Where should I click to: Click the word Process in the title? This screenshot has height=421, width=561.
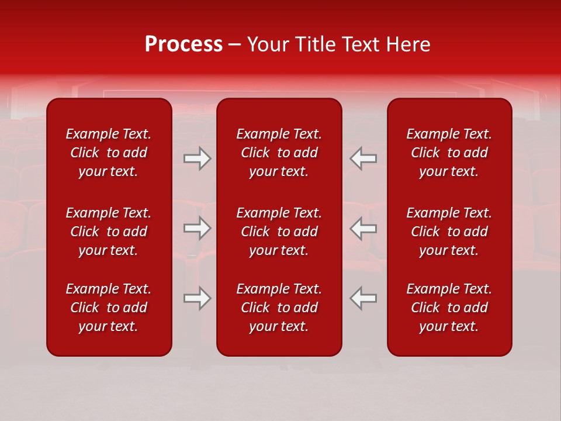coord(183,44)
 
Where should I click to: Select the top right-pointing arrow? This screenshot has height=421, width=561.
coord(198,158)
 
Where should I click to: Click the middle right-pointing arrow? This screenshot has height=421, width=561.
coord(198,229)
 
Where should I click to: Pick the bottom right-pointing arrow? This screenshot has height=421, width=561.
coord(198,298)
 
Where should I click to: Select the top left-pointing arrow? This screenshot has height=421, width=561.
coord(363,158)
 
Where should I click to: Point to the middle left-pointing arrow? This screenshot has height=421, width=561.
coord(363,229)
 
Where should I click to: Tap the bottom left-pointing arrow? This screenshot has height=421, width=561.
coord(363,298)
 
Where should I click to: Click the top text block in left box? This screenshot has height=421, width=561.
coord(109,153)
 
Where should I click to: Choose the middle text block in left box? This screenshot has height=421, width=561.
coord(109,232)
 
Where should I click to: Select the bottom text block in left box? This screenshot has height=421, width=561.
coord(109,308)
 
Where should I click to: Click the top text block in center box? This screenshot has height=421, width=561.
coord(279,153)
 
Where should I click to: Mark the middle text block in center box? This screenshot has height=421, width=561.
coord(279,232)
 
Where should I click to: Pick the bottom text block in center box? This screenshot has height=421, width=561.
coord(279,308)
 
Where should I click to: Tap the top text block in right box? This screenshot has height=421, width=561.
coord(449,153)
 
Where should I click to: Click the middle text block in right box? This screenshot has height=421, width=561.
coord(449,232)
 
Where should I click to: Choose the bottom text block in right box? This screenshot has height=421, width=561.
coord(449,308)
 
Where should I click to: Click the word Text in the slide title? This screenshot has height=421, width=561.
coord(360,44)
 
